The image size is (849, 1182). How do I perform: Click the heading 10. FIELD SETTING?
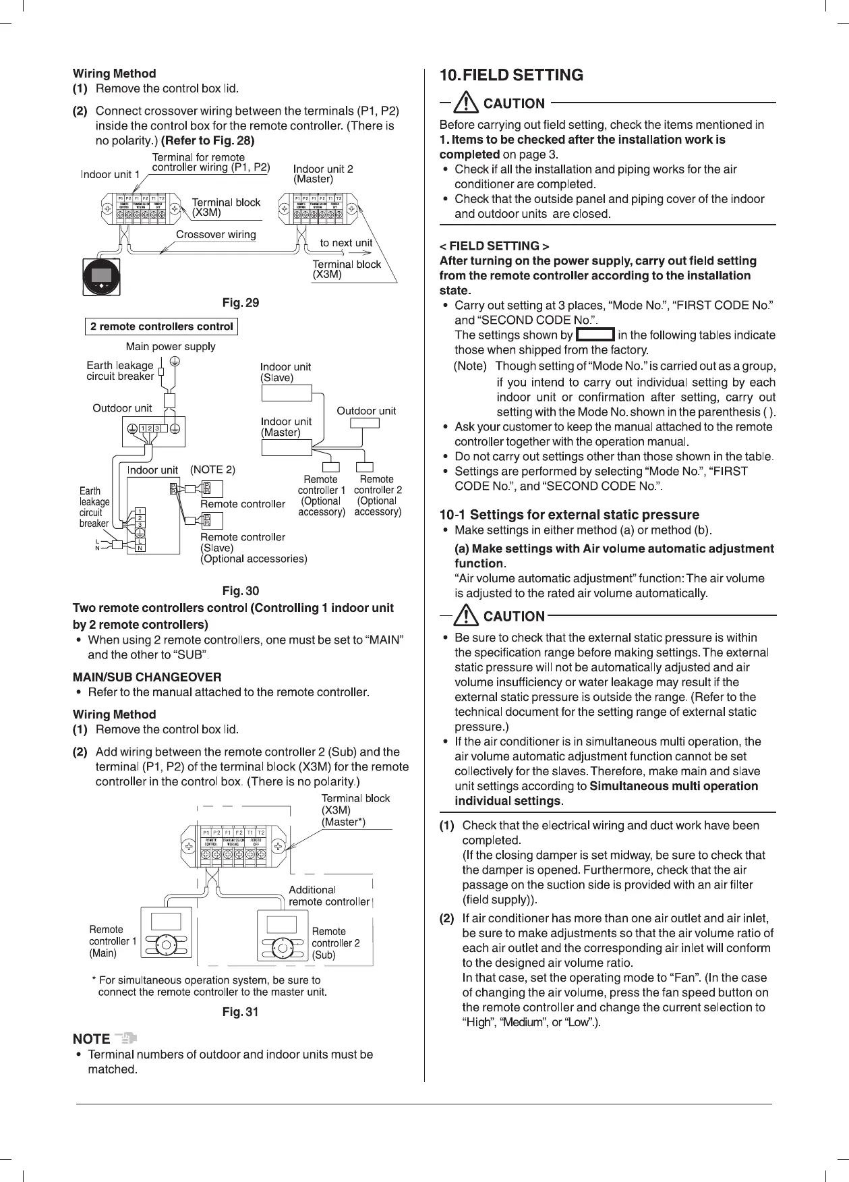510,75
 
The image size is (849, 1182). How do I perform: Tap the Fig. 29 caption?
241,303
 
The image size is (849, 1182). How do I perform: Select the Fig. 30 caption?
241,591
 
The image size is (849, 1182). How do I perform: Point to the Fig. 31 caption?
241,1012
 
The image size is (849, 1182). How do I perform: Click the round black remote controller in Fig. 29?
101,277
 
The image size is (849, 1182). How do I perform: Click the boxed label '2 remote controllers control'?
162,327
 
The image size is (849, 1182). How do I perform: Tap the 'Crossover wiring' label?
216,235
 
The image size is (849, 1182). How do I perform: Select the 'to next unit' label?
346,243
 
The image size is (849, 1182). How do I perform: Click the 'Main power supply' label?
171,347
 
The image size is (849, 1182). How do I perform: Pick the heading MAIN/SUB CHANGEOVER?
146,677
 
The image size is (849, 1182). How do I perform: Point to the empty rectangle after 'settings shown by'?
595,335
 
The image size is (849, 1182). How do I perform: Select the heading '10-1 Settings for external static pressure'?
569,515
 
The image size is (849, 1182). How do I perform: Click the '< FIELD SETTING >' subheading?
494,246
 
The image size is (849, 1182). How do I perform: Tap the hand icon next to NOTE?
126,1038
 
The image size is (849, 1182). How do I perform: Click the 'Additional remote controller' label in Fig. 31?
328,896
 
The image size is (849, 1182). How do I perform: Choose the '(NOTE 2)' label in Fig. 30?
212,470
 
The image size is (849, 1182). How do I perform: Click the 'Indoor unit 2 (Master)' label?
323,174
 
